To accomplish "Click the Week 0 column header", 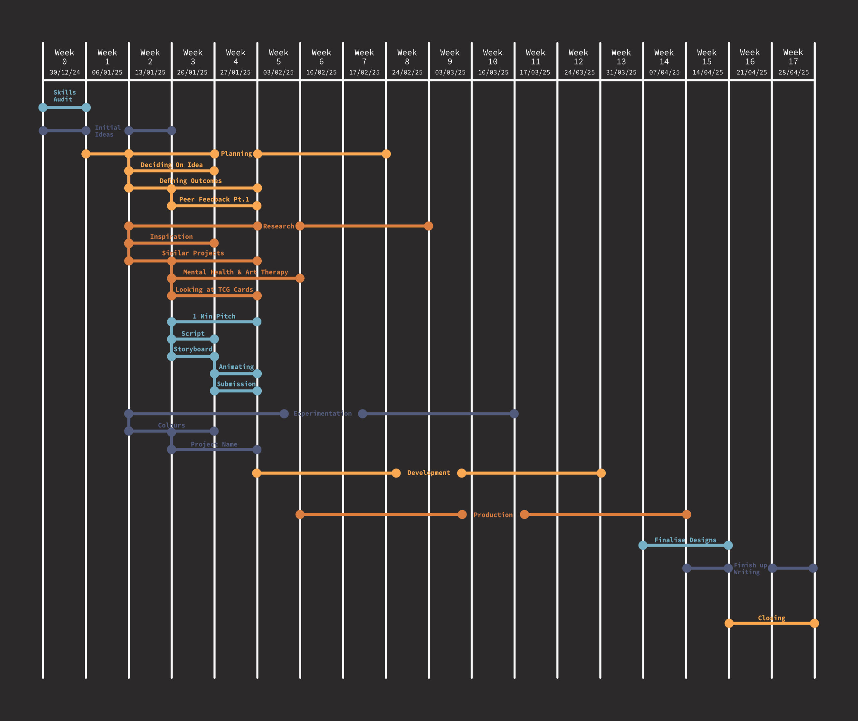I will click(65, 57).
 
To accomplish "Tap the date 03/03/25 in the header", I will click(450, 72).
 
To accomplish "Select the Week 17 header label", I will click(793, 57).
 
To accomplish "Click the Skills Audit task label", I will click(65, 96).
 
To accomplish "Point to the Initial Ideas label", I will click(108, 131).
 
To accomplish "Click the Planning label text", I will click(236, 154).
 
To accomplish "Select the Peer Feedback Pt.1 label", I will click(214, 200).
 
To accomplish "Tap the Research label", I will click(279, 226).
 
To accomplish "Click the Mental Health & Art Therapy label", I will click(236, 272).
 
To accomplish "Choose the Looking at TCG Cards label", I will click(214, 290).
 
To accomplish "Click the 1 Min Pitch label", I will click(214, 316).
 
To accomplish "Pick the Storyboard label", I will click(193, 349).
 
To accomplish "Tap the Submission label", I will click(236, 384).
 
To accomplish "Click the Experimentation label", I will click(322, 414).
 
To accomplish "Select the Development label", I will click(429, 473).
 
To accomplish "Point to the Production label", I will click(493, 515).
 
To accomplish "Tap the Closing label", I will click(771, 618).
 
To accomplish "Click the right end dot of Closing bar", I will click(814, 623).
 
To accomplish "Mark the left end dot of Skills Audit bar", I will click(43, 107).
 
